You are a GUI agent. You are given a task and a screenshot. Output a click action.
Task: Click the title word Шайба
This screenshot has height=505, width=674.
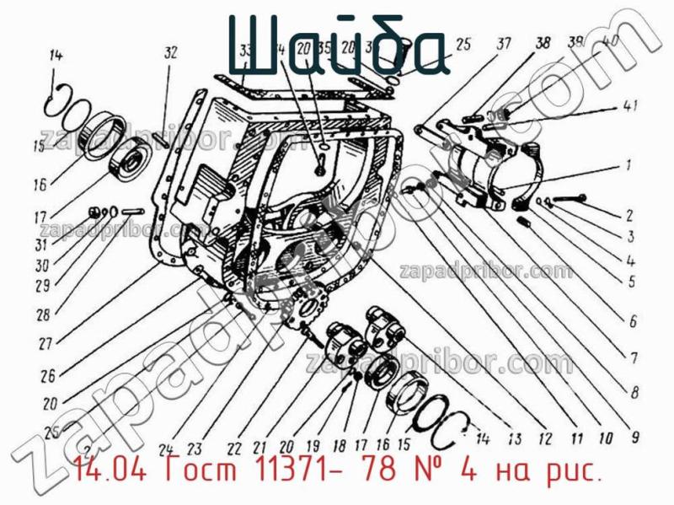click(337, 44)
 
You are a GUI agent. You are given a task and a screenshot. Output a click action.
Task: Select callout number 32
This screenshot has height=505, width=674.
click(171, 53)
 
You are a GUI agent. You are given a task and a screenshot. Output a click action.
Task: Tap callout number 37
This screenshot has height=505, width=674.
click(503, 43)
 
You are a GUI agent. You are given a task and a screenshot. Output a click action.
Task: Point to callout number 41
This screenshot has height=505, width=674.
click(630, 106)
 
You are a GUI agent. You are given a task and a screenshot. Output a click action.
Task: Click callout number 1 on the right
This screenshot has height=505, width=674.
click(629, 165)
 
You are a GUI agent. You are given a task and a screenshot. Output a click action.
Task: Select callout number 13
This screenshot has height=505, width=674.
click(513, 438)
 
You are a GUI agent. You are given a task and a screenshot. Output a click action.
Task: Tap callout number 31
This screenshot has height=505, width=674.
click(40, 245)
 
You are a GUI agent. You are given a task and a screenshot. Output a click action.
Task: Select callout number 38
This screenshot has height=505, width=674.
click(543, 43)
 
